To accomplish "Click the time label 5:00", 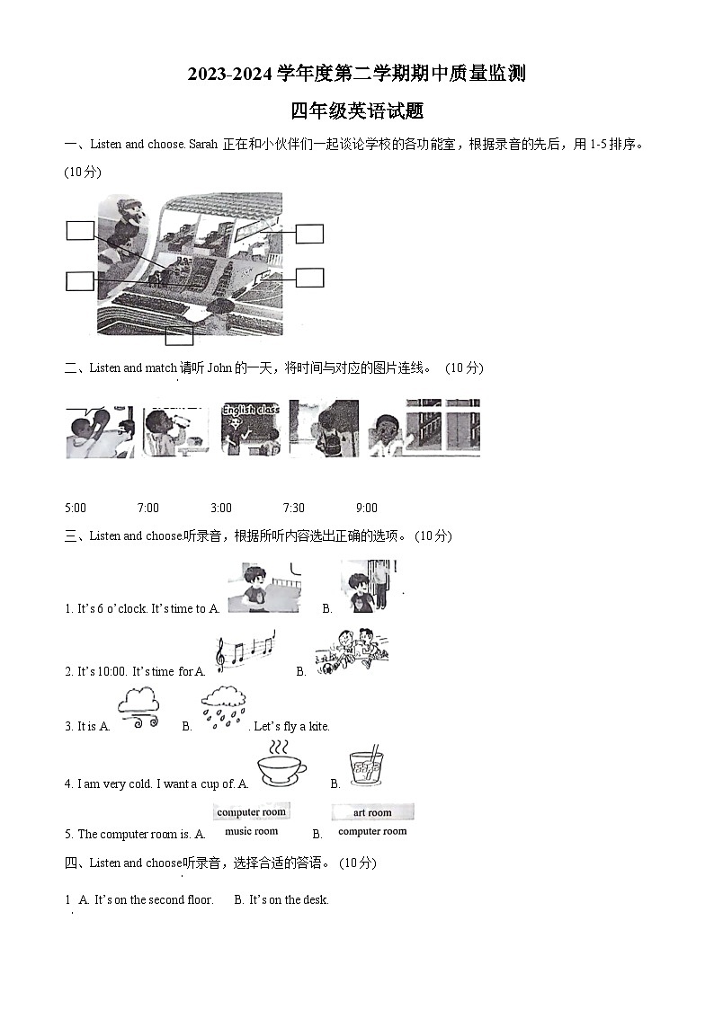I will [x=76, y=508].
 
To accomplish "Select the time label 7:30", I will [x=293, y=508].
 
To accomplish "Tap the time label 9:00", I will [x=366, y=508].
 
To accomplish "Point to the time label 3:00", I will [x=220, y=508].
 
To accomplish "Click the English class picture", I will [x=250, y=429].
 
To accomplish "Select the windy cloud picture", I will [x=138, y=707].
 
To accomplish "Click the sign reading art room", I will [x=372, y=812].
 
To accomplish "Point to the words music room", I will [x=251, y=831].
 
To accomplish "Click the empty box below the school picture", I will [x=179, y=337].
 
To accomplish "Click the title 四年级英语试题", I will [x=357, y=111].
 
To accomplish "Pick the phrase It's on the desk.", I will [x=289, y=899].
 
